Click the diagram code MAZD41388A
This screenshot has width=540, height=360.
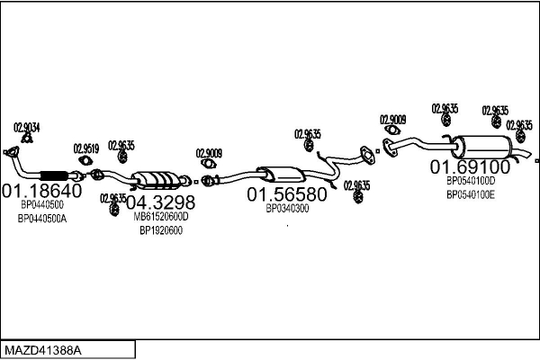[x=43, y=351]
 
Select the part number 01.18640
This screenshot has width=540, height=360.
[x=42, y=191]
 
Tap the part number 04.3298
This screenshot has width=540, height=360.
[x=160, y=202]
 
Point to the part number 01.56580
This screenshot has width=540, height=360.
[x=287, y=194]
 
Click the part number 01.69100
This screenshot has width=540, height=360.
[x=471, y=166]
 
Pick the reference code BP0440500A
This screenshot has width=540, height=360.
[x=42, y=219]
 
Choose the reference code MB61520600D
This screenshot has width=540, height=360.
[x=161, y=217]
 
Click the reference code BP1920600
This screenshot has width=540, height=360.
[x=161, y=230]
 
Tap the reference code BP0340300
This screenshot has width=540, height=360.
[x=287, y=209]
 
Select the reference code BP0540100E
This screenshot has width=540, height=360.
[x=471, y=195]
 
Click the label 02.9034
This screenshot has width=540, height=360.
[x=26, y=128]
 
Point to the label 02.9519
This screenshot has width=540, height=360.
[x=86, y=148]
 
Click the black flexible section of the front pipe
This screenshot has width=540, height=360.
[x=54, y=175]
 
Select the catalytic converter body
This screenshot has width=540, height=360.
[x=157, y=180]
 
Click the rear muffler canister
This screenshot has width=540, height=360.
[x=482, y=148]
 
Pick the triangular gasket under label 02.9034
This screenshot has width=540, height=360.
[x=27, y=139]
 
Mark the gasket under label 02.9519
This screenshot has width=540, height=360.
[x=85, y=160]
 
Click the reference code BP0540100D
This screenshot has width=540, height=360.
[x=471, y=181]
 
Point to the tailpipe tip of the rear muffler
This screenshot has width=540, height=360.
[x=530, y=154]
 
